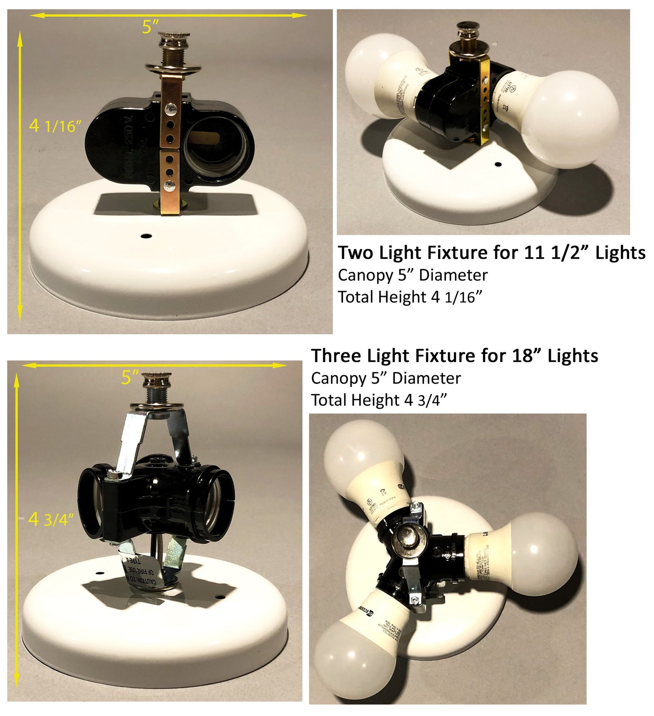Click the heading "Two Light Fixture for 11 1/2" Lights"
pos(492,253)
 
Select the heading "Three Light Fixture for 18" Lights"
pos(454,356)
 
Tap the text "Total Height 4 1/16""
pos(410,297)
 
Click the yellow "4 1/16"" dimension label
pos(55,126)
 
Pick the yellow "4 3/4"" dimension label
pos(50,519)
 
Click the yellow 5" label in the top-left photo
pos(151,27)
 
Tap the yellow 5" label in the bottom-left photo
pos(130,377)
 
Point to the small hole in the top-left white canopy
pos(146,236)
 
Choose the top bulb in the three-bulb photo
pos(362,464)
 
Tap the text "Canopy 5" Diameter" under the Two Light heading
pos(412,276)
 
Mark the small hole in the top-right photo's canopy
pos(498,164)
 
